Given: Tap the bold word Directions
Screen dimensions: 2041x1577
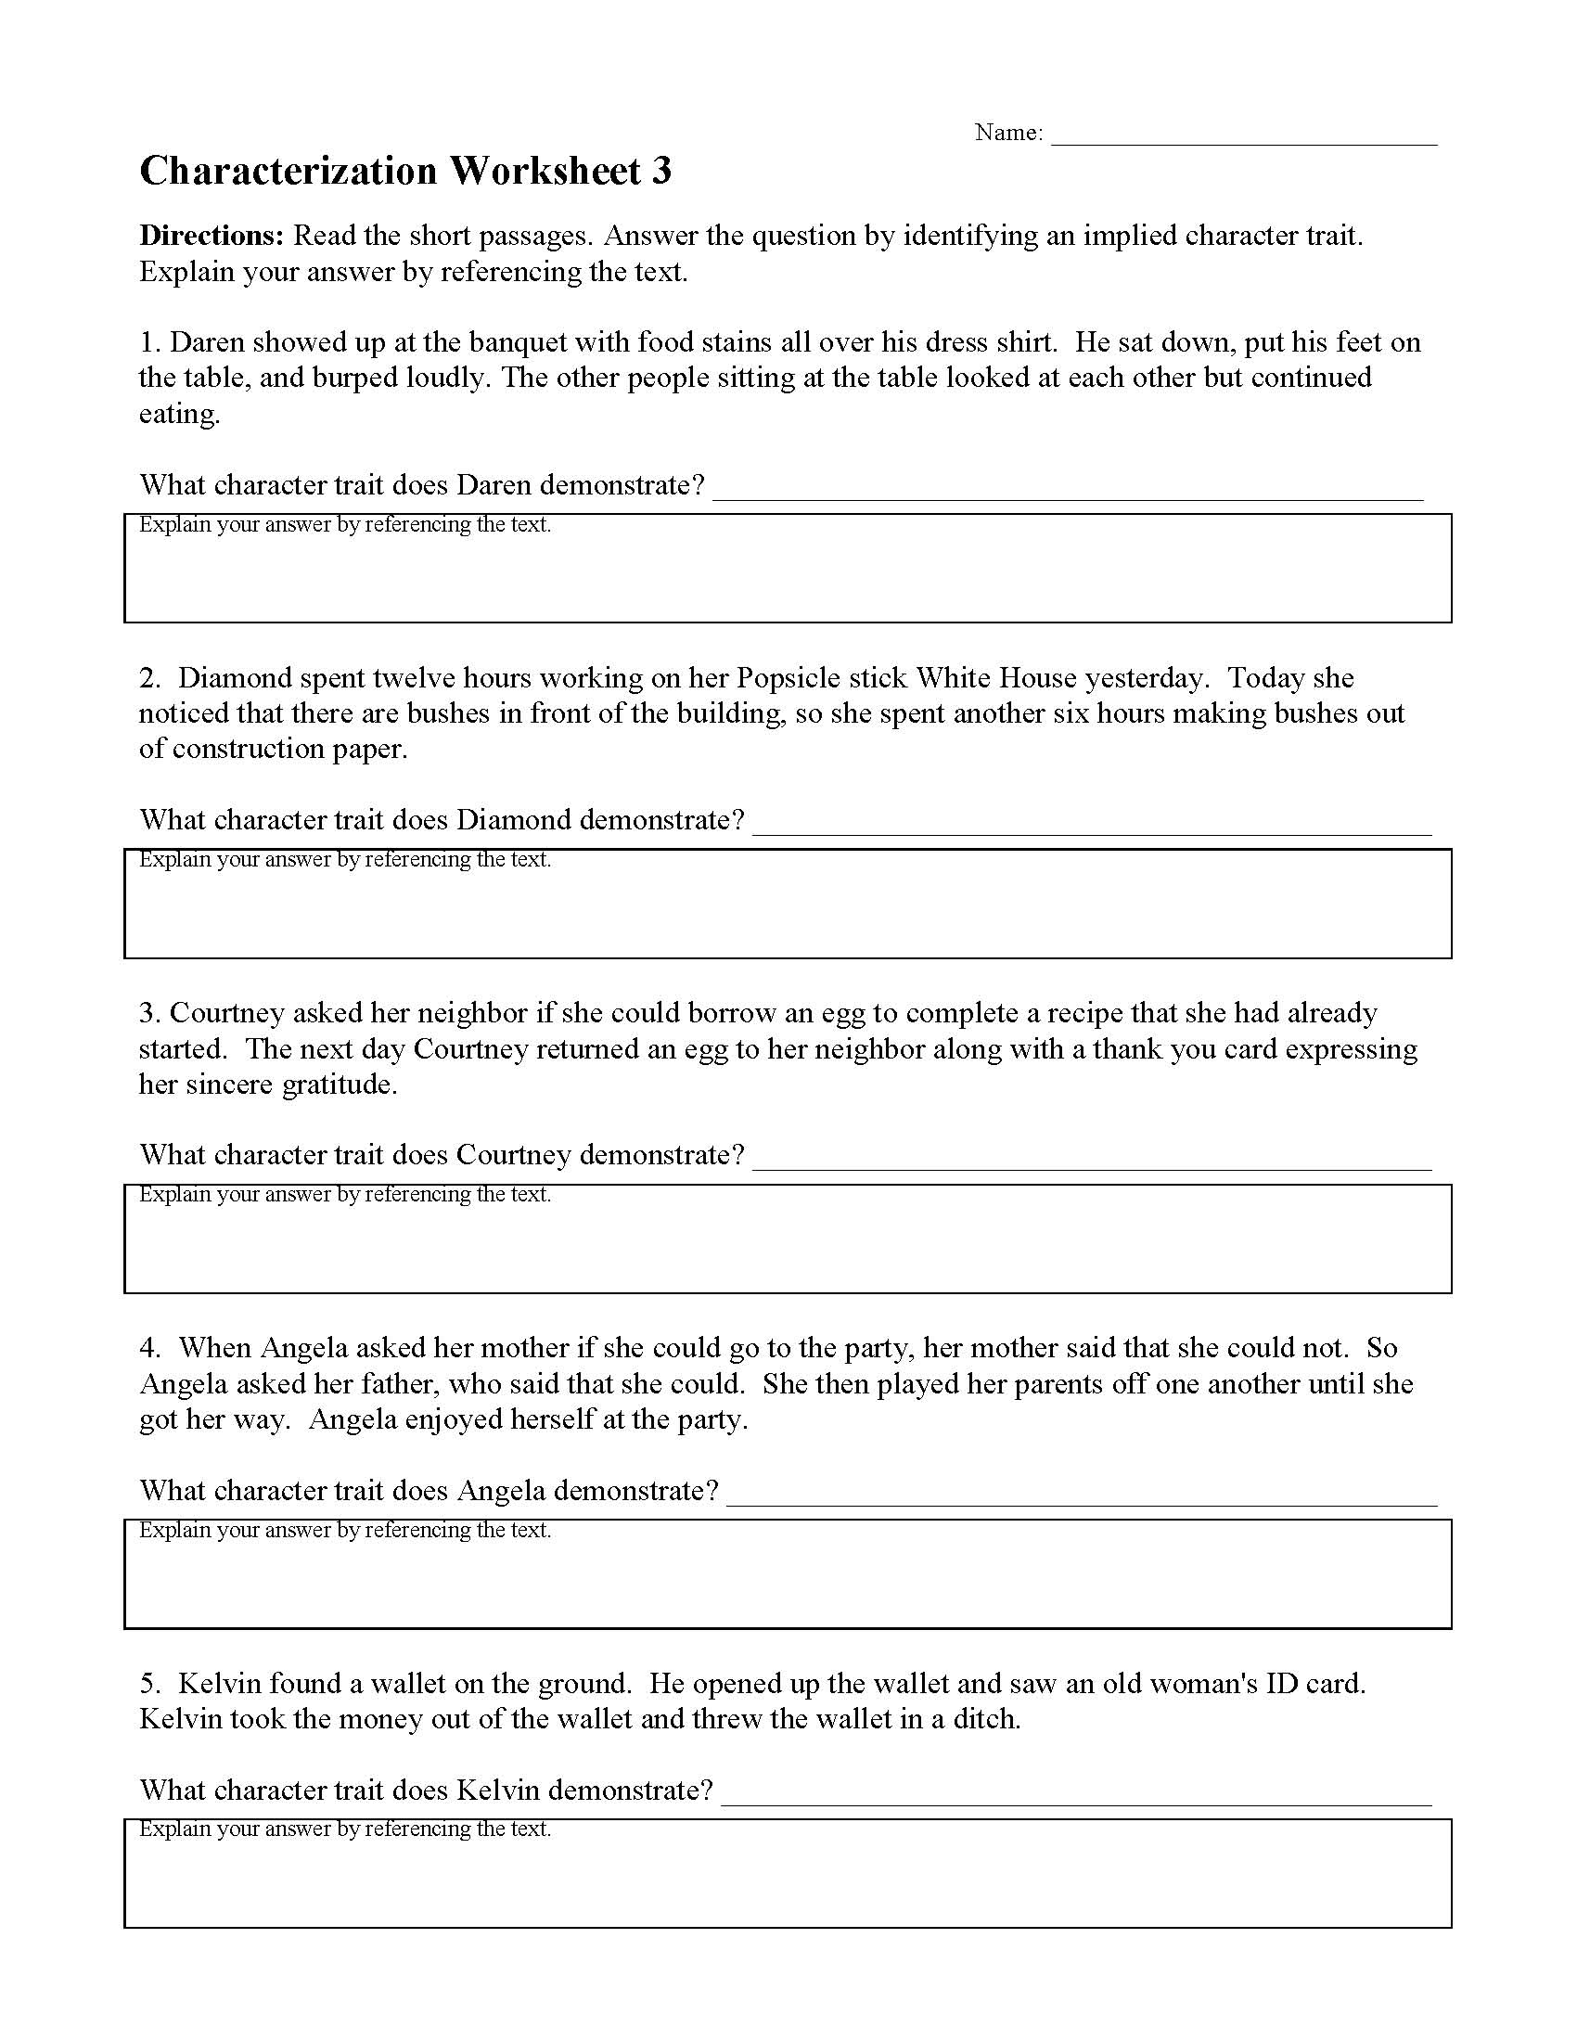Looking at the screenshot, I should click(212, 236).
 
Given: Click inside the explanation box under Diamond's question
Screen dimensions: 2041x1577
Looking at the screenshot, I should click(787, 911).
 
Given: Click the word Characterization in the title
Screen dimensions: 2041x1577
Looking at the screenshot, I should click(288, 172).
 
